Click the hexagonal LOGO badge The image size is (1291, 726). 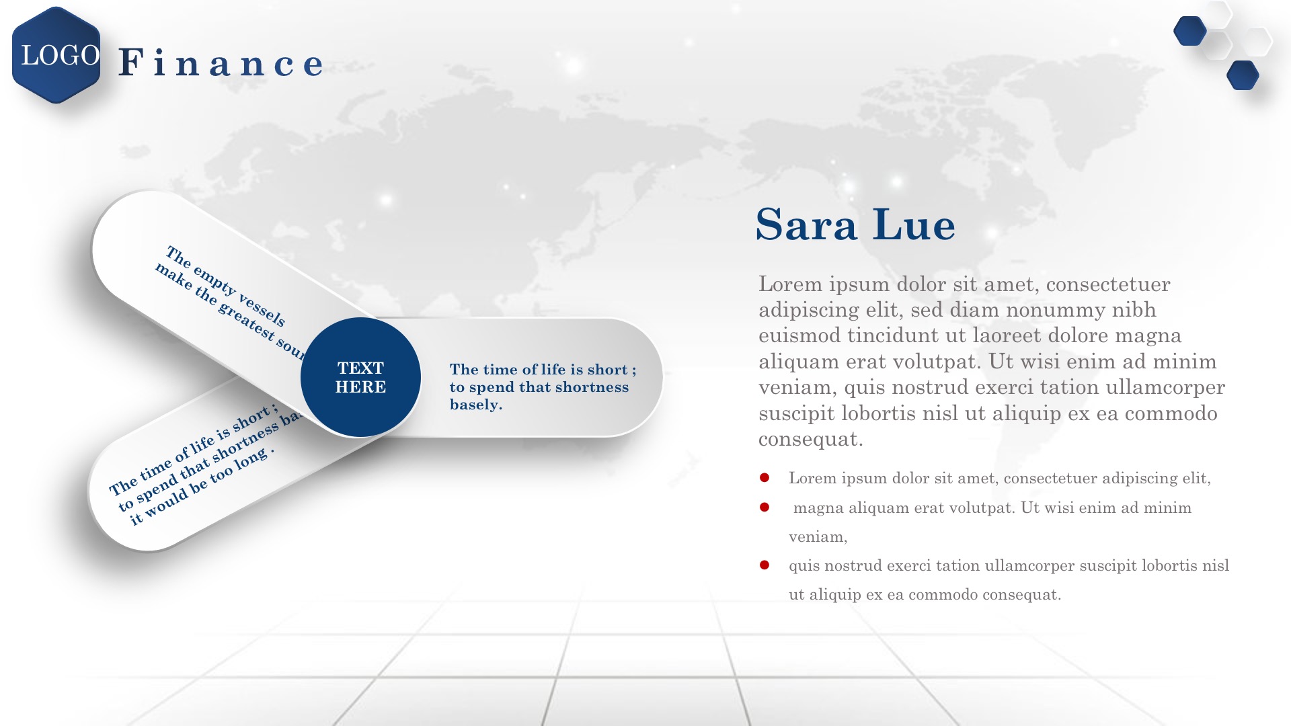[x=56, y=55]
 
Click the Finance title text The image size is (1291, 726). [x=221, y=63]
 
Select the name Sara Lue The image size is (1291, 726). [x=855, y=224]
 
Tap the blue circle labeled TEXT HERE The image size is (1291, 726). [x=360, y=377]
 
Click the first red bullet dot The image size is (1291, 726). [x=765, y=478]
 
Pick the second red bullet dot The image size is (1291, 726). [x=765, y=507]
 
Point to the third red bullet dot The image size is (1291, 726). [x=765, y=565]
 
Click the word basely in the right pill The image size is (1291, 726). [x=475, y=405]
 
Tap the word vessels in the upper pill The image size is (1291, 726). [x=262, y=308]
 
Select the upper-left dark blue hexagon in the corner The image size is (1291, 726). [x=1189, y=31]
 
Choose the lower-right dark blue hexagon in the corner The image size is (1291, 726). [x=1243, y=75]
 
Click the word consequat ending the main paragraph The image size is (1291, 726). [x=810, y=439]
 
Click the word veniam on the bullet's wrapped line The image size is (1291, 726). [x=818, y=536]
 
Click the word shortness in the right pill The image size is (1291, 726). [x=592, y=387]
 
